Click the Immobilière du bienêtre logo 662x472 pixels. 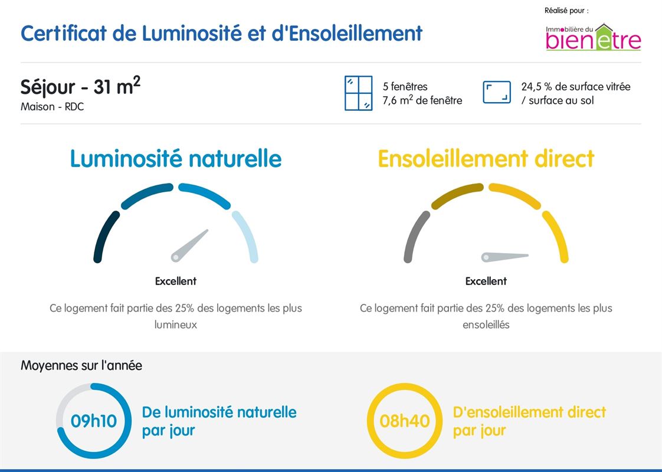(593, 37)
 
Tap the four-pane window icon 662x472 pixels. (358, 93)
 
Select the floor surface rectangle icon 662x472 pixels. (497, 93)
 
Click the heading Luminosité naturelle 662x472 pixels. (176, 159)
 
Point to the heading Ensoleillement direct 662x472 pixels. (486, 159)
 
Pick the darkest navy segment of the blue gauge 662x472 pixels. (104, 236)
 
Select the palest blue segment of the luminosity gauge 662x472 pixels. (247, 236)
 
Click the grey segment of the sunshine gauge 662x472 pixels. (415, 236)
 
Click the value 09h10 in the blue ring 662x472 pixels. (94, 421)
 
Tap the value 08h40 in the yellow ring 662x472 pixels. (404, 421)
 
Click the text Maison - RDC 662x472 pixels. (52, 107)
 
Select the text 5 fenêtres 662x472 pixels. (405, 87)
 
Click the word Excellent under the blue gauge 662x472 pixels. (176, 281)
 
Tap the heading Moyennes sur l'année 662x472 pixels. (81, 366)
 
